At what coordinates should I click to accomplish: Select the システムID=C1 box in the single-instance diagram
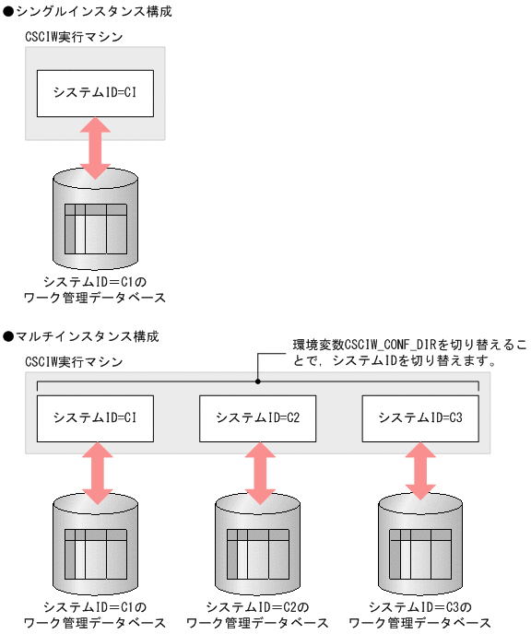coord(96,92)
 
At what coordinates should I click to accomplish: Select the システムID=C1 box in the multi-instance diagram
coord(96,417)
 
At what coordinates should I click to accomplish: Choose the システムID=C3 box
coord(420,417)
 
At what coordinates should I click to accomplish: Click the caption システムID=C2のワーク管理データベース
coord(258,615)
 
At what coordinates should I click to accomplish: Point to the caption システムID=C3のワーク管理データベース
coord(420,615)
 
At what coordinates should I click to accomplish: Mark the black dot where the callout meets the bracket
coord(258,382)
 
